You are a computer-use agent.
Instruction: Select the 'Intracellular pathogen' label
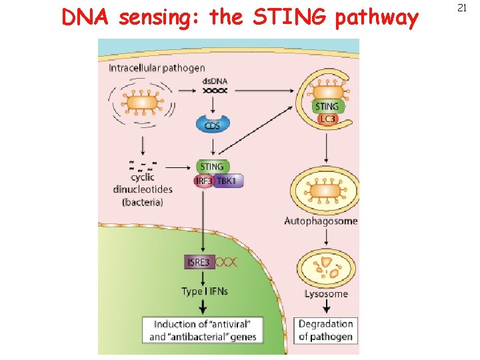[157, 68]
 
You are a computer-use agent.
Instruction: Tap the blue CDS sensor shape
[213, 125]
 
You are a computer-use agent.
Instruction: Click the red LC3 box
[327, 119]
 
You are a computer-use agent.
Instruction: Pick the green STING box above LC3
[326, 106]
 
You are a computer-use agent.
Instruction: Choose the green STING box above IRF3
[213, 167]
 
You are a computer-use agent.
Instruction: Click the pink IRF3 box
[204, 181]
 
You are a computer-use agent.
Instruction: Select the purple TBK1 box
[229, 181]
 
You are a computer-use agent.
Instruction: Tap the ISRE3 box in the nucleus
[198, 262]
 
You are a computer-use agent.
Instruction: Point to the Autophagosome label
[321, 221]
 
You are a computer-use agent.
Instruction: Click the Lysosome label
[326, 293]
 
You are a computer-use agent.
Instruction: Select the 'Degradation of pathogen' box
[325, 330]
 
